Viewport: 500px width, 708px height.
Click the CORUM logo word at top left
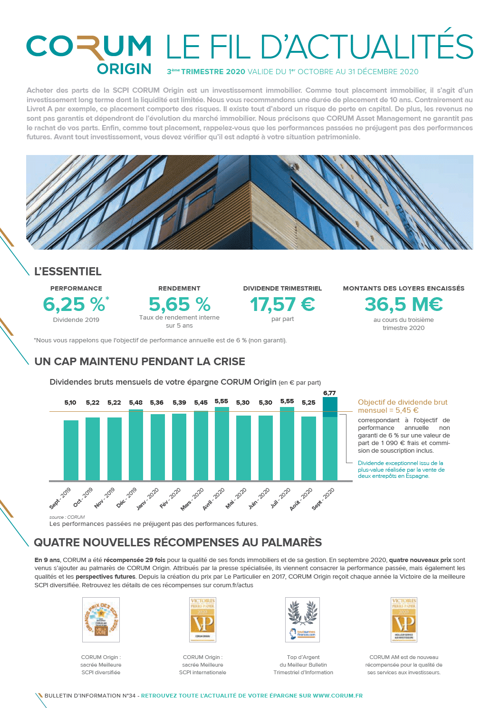coord(89,47)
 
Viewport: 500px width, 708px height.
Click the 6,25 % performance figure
coord(74,304)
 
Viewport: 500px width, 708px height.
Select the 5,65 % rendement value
coord(179,304)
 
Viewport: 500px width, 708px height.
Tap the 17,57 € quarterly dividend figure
coord(282,304)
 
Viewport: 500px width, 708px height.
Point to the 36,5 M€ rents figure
coord(404,304)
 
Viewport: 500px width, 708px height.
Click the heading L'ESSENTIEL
coord(68,272)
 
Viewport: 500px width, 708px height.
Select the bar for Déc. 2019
coord(136,445)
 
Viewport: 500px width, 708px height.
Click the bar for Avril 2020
coord(222,443)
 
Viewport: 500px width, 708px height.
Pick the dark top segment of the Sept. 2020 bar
coord(330,407)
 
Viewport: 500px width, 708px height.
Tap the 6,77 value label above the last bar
coord(329,393)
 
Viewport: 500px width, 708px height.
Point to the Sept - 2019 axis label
coord(60,498)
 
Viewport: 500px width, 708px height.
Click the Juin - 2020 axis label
coord(259,498)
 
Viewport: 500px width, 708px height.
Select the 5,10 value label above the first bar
coord(70,403)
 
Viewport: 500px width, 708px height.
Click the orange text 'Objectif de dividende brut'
coord(403,402)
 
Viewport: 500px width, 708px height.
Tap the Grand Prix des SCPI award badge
coord(101,620)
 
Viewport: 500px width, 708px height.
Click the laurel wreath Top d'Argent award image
coord(303,620)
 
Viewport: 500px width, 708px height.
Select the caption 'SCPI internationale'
coord(202,672)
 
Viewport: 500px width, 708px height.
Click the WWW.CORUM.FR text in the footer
coord(337,696)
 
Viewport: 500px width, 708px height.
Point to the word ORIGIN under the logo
coord(124,69)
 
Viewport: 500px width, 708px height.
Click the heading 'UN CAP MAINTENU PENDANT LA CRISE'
coord(140,361)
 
